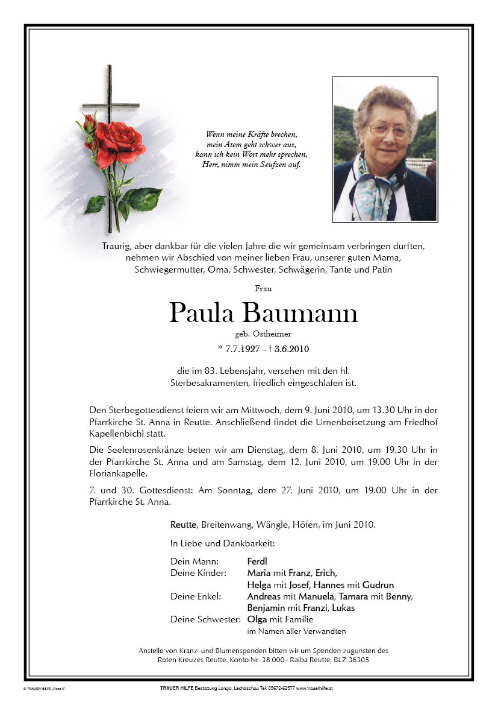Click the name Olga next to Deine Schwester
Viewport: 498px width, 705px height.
[x=258, y=619]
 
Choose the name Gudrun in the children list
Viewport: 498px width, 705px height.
[x=378, y=585]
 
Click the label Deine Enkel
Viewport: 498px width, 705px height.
[x=196, y=596]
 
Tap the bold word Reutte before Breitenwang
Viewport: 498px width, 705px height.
[x=184, y=525]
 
